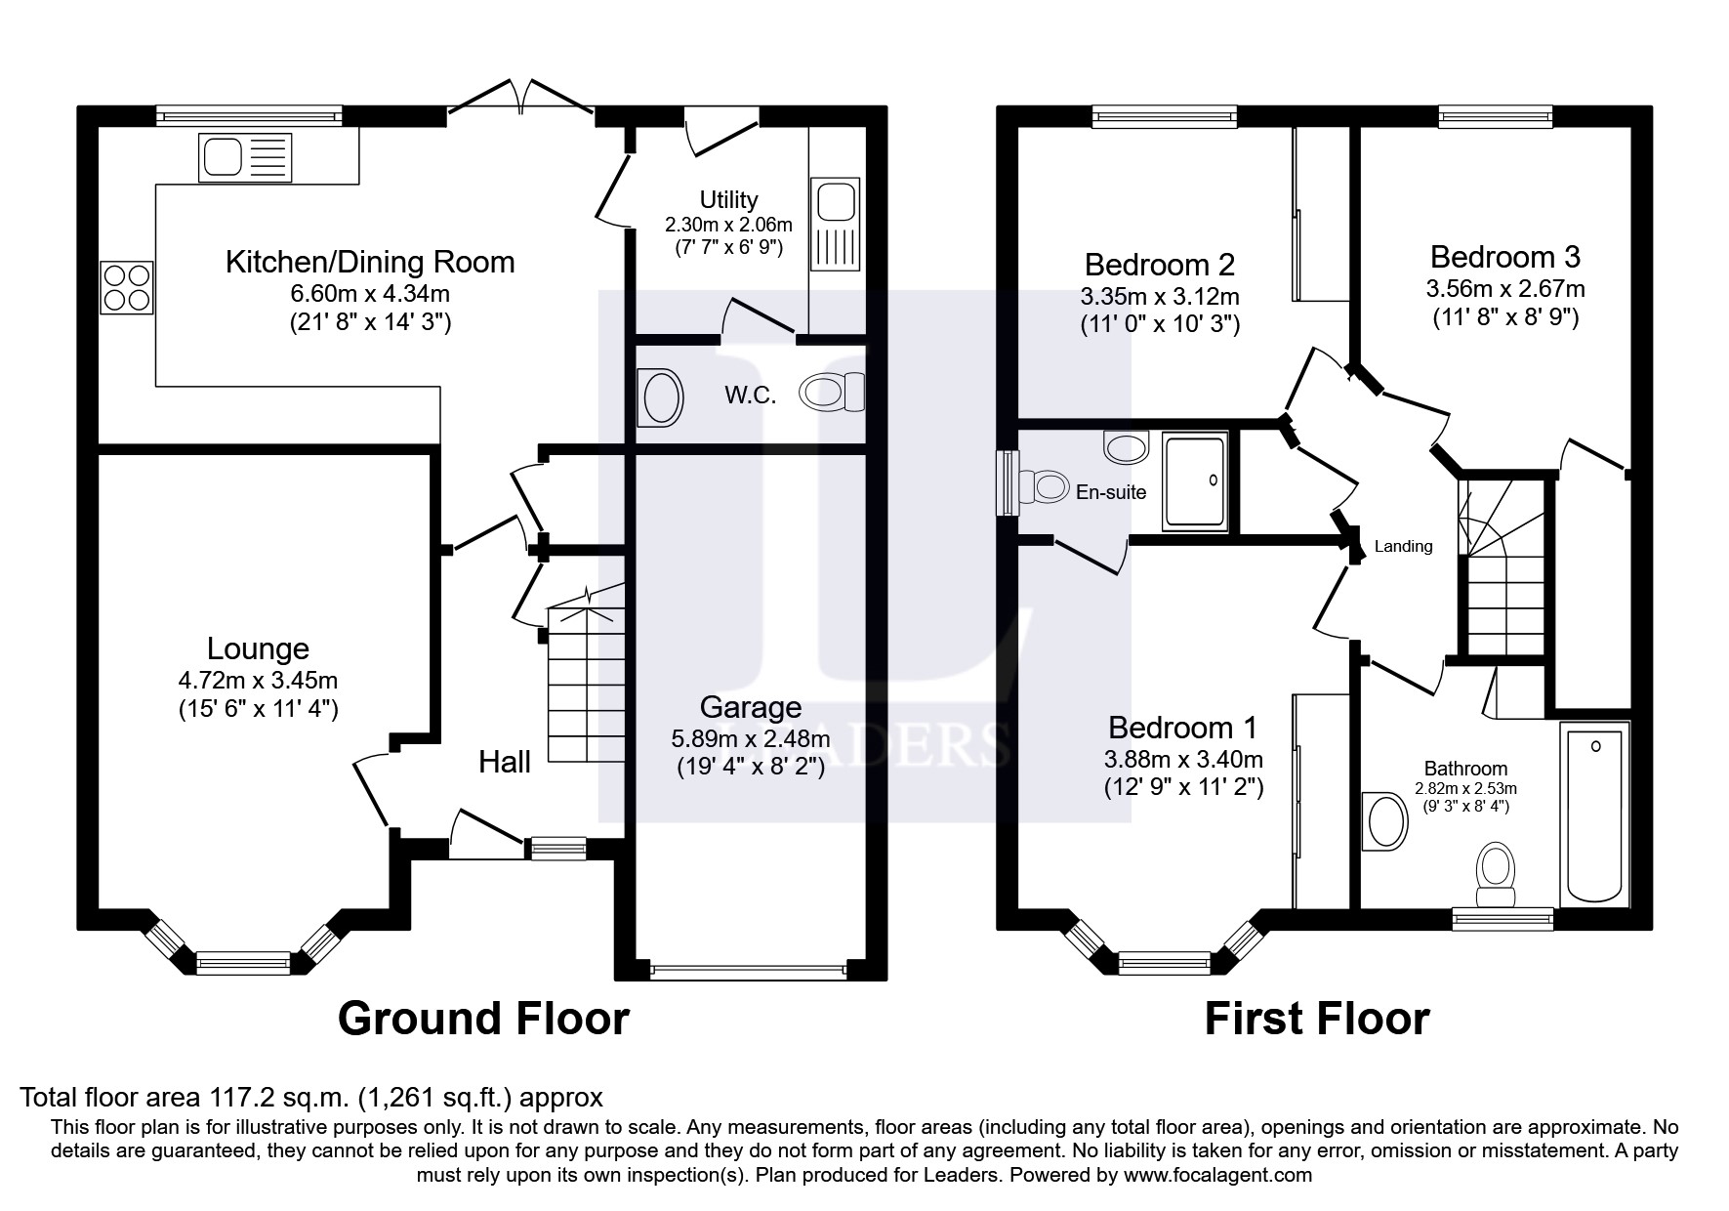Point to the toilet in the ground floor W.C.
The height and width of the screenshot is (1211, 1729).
(832, 393)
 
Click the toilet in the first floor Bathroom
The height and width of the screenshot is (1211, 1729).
(1496, 876)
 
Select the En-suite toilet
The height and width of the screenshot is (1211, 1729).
(1043, 485)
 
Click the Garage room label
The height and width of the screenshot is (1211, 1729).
(751, 707)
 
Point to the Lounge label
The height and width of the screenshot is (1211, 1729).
(258, 648)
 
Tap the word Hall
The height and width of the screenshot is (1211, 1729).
(505, 762)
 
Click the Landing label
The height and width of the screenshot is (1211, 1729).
(1403, 547)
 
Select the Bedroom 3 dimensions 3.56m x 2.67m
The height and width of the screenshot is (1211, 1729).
(1505, 288)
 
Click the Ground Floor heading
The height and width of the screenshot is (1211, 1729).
(483, 1019)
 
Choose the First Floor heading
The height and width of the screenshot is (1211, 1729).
(1317, 1019)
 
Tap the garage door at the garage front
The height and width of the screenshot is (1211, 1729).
(749, 970)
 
